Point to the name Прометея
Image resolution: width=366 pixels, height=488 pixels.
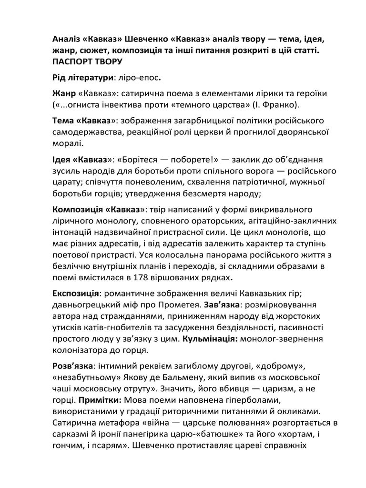[x=179, y=305]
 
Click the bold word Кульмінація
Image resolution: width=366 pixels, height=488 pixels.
[x=211, y=339]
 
